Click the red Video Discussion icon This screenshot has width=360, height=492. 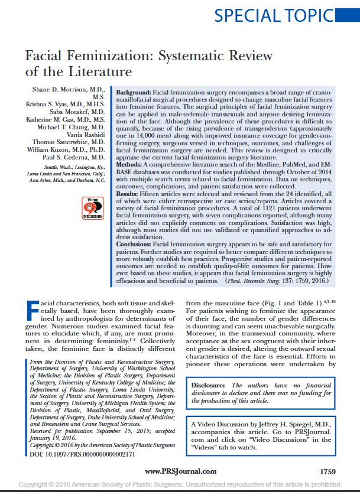[92, 207]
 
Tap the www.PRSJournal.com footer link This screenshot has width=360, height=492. [180, 471]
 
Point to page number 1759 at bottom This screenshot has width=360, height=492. [327, 471]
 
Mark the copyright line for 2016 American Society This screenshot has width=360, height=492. [180, 484]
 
